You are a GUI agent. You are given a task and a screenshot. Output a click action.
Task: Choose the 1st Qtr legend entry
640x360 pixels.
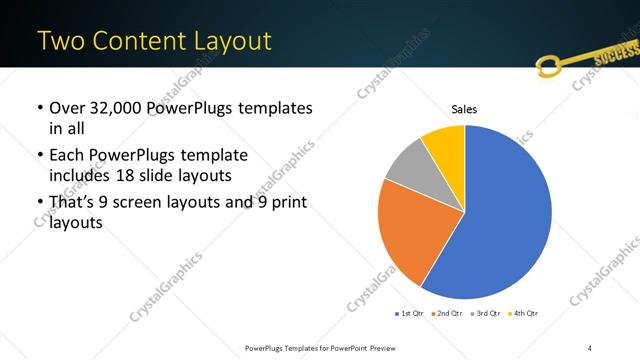click(411, 314)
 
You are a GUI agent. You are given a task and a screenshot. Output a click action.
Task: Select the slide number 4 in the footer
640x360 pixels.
click(590, 348)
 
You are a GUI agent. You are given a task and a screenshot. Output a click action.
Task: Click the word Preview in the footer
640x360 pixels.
click(397, 348)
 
